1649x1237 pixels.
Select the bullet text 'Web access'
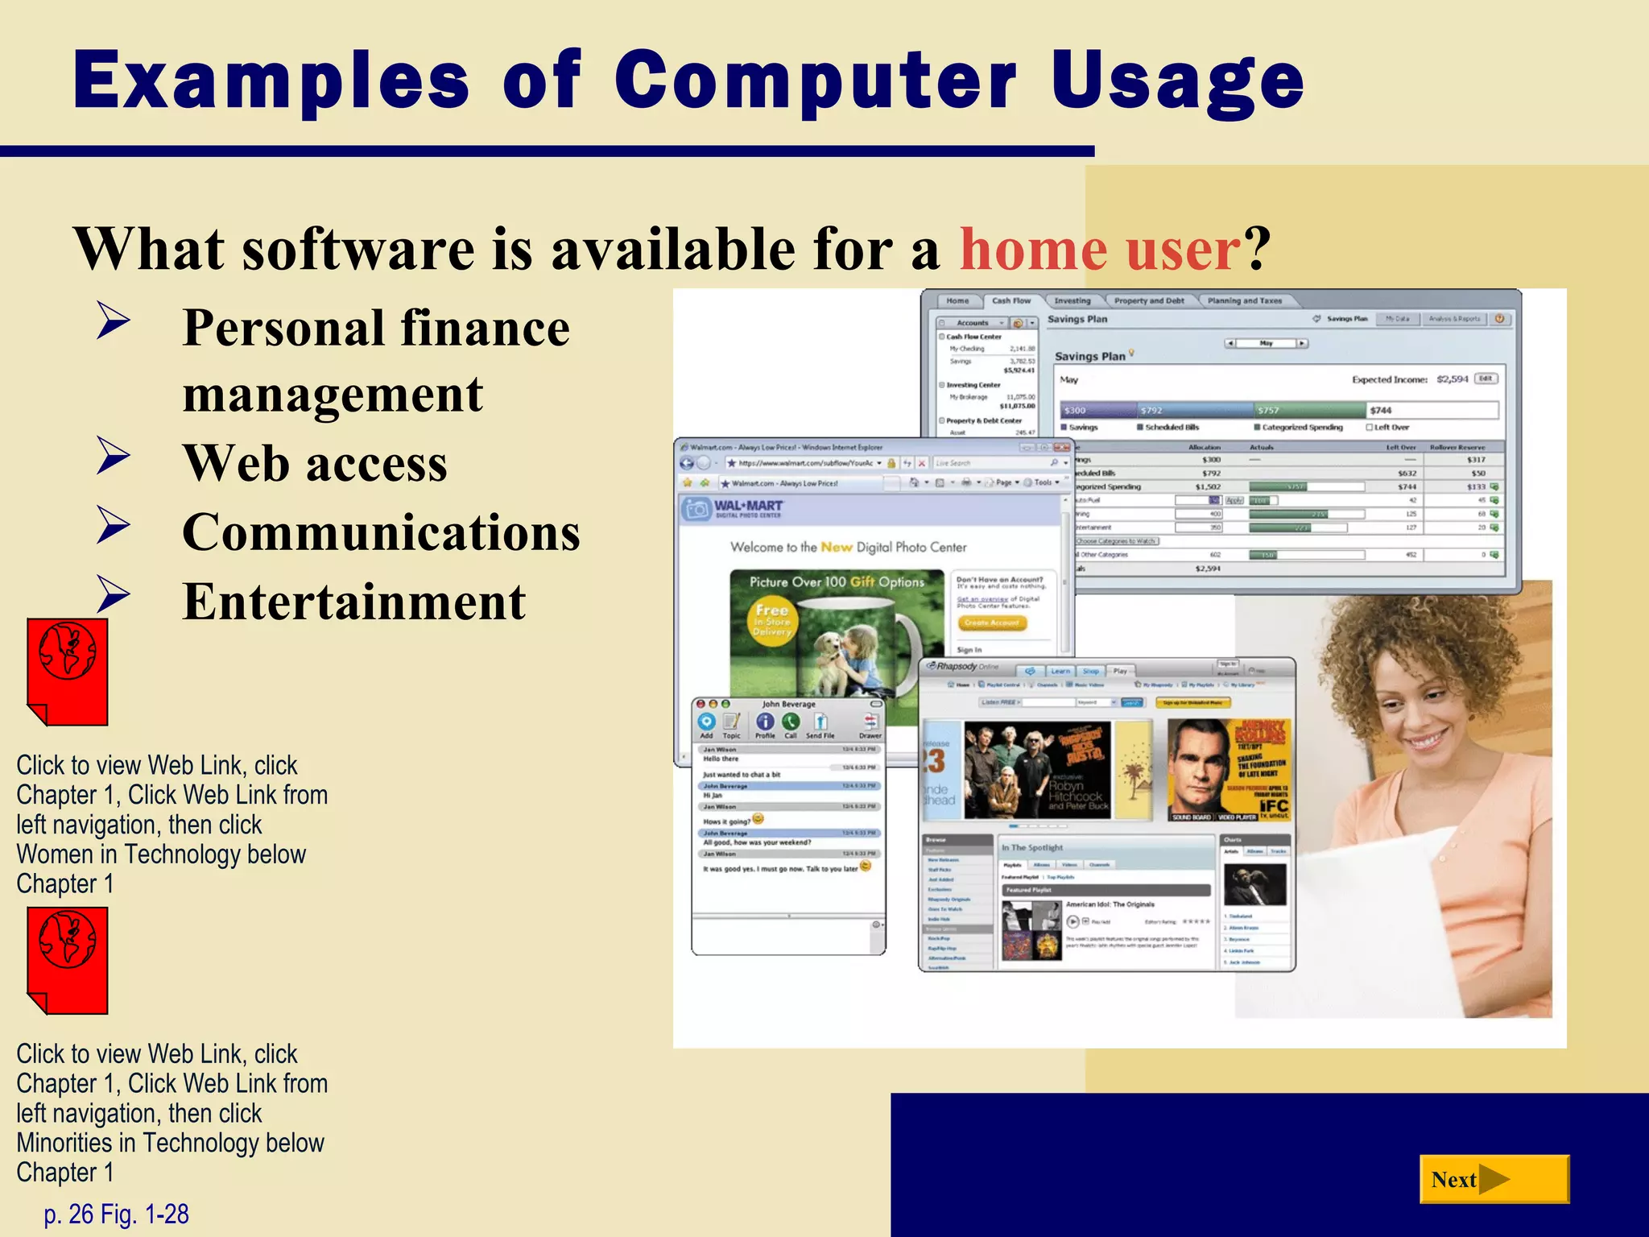315,463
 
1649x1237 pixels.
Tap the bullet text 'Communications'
381,532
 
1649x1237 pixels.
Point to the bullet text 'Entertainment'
354,602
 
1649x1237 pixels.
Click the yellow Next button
1494,1180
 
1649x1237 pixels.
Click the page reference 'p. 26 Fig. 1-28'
117,1214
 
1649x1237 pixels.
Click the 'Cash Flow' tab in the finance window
1010,301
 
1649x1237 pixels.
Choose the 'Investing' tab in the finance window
1072,301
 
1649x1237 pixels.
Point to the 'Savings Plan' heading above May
1089,356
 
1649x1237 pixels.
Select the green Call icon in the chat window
791,722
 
